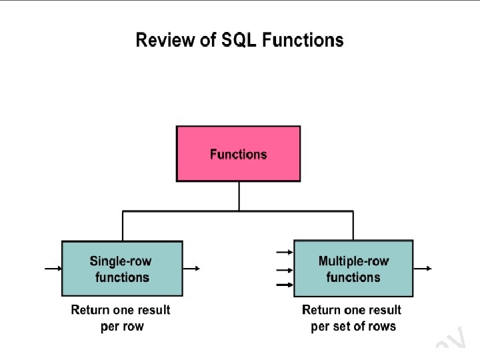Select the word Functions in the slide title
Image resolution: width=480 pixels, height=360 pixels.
pyautogui.click(x=303, y=41)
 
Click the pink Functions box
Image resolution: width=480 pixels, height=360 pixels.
pyautogui.click(x=238, y=154)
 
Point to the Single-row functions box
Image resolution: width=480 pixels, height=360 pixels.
pyautogui.click(x=122, y=269)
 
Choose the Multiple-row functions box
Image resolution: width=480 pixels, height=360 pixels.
pyautogui.click(x=353, y=269)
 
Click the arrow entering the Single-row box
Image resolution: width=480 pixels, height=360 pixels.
pyautogui.click(x=53, y=269)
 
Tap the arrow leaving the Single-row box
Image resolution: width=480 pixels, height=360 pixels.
pyautogui.click(x=191, y=269)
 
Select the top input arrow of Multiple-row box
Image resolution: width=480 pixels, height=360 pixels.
pyautogui.click(x=285, y=252)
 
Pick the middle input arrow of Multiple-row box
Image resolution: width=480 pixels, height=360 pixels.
pyautogui.click(x=285, y=270)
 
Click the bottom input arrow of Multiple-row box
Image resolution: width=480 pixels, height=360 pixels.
pyautogui.click(x=285, y=285)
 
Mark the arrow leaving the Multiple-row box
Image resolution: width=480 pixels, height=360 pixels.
pyautogui.click(x=423, y=269)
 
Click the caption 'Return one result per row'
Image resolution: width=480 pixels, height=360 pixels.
pyautogui.click(x=121, y=318)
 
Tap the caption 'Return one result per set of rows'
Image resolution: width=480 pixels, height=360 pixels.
pyautogui.click(x=352, y=318)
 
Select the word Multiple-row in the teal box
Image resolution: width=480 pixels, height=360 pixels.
pyautogui.click(x=353, y=261)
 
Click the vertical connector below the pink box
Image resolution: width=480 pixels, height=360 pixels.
pyautogui.click(x=239, y=196)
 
